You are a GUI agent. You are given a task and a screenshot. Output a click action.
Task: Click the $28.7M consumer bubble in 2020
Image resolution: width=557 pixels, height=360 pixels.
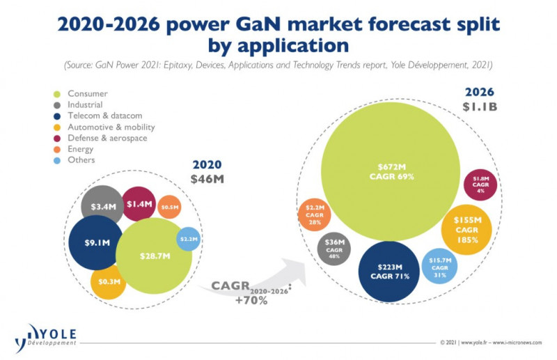tap(153, 256)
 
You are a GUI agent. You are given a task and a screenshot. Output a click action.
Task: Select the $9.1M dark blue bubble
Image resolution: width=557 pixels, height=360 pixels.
tap(96, 243)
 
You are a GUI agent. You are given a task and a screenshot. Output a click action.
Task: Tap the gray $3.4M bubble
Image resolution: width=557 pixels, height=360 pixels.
tap(102, 206)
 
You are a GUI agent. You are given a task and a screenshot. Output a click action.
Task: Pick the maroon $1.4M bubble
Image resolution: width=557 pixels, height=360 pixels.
tap(139, 203)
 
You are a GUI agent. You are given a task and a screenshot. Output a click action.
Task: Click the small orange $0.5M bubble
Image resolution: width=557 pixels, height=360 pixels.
tap(169, 207)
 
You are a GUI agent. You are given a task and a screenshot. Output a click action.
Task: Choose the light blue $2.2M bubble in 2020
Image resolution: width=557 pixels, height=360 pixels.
tap(189, 239)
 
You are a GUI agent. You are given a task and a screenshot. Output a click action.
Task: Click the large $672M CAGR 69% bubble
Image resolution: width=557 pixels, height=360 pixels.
tap(390, 171)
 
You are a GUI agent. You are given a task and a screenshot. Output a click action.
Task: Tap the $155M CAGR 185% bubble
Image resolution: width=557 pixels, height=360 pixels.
tap(467, 230)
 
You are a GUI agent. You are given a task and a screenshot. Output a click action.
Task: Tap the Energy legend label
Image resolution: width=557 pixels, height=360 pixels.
tap(80, 149)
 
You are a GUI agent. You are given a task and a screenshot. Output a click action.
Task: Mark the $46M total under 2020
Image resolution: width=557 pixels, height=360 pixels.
tap(206, 179)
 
